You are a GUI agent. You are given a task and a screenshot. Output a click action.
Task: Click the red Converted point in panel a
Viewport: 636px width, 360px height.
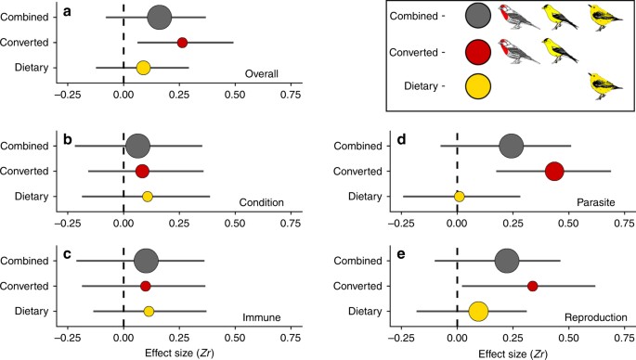click(182, 43)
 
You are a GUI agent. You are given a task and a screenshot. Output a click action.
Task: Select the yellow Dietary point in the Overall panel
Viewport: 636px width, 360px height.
click(143, 68)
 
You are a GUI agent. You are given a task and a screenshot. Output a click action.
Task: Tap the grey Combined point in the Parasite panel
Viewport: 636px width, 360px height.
click(511, 146)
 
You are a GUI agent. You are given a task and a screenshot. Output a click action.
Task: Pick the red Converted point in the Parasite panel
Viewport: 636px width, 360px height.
click(554, 171)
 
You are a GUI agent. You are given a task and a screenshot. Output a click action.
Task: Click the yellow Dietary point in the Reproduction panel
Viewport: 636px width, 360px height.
click(478, 311)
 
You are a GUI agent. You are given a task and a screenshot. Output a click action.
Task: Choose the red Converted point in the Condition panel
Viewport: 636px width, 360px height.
click(142, 171)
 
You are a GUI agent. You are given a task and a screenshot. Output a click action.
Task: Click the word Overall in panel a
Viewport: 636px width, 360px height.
click(262, 74)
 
